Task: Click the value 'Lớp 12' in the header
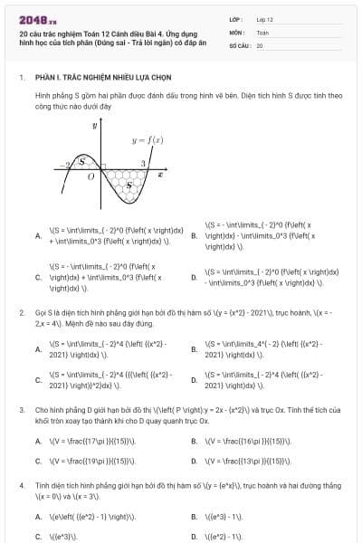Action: [264, 18]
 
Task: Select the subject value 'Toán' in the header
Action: [262, 32]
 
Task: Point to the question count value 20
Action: [260, 44]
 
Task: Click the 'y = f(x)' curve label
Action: [147, 140]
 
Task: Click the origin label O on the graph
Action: [90, 178]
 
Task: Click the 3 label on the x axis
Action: [143, 164]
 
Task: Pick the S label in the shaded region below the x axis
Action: [129, 186]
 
